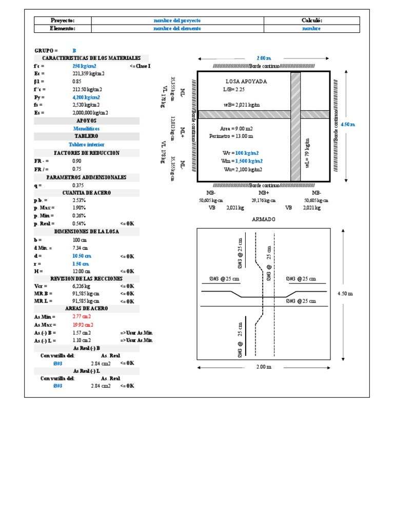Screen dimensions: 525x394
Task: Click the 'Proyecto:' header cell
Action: click(x=62, y=21)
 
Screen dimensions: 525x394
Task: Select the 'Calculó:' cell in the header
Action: click(x=311, y=21)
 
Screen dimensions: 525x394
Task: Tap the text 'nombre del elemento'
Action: click(x=177, y=29)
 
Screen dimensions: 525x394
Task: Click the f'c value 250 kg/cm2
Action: click(x=84, y=66)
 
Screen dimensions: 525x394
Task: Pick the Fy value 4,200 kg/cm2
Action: click(x=86, y=97)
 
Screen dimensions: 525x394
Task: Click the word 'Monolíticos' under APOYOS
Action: click(x=86, y=128)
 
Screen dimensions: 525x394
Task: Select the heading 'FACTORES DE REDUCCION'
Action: click(x=86, y=153)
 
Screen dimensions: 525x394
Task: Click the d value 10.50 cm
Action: click(x=82, y=255)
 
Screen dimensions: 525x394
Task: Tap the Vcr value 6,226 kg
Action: click(x=82, y=286)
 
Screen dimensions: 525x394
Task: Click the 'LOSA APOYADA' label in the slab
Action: click(x=246, y=82)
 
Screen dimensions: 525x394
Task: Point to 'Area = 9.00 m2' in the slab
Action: click(x=236, y=128)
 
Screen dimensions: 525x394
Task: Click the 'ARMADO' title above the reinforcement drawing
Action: click(x=264, y=219)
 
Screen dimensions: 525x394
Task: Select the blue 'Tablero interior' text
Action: click(x=86, y=145)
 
